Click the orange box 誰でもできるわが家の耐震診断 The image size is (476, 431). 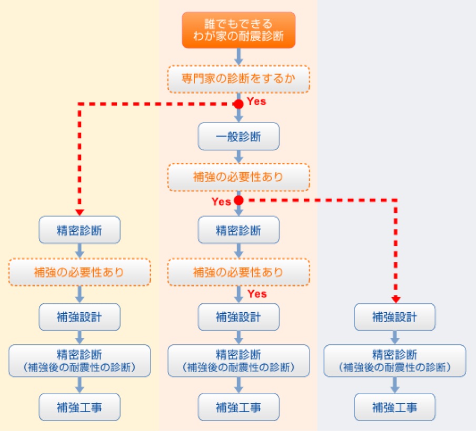pyautogui.click(x=239, y=30)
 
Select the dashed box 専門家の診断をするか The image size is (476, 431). pyautogui.click(x=239, y=79)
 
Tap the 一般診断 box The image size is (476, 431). pyautogui.click(x=239, y=137)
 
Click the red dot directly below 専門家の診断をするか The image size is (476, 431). pyautogui.click(x=239, y=104)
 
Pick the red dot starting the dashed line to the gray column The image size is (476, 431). pyautogui.click(x=239, y=200)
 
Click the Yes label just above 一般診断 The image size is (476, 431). pyautogui.click(x=256, y=102)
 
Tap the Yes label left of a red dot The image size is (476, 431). pyautogui.click(x=221, y=201)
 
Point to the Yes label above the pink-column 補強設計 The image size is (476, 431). pyautogui.click(x=257, y=294)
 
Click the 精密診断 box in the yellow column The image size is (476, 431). pyautogui.click(x=80, y=230)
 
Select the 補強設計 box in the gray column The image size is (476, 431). pyautogui.click(x=394, y=317)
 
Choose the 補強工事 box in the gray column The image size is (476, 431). pyautogui.click(x=394, y=407)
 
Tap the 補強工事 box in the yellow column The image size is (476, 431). pyautogui.click(x=80, y=407)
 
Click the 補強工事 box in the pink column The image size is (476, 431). pyautogui.click(x=239, y=407)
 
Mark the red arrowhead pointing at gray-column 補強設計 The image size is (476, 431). pyautogui.click(x=395, y=300)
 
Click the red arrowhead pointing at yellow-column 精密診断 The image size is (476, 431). pyautogui.click(x=80, y=212)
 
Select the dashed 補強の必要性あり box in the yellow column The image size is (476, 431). pyautogui.click(x=80, y=272)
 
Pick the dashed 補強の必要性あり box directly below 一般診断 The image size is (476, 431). pyautogui.click(x=239, y=177)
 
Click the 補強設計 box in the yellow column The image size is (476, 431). pyautogui.click(x=80, y=317)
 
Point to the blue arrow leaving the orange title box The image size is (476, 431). pyautogui.click(x=239, y=56)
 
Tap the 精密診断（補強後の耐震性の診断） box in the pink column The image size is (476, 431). pyautogui.click(x=239, y=361)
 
